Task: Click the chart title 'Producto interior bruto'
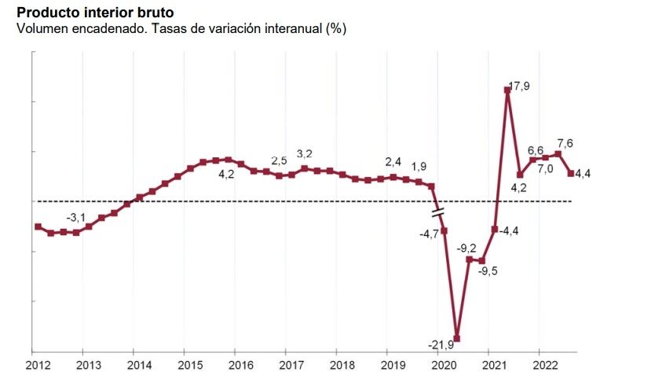pos(95,13)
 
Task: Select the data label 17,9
pos(520,87)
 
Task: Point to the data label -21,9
pos(442,345)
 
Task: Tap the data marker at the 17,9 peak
pos(507,90)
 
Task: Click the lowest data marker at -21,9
pos(457,338)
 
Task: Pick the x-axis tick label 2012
pos(38,365)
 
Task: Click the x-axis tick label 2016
pos(240,365)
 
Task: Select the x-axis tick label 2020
pos(444,365)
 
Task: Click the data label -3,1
pos(75,217)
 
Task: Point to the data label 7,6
pos(565,143)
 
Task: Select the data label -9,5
pos(488,271)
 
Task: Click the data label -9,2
pos(467,248)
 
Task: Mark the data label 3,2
pos(305,154)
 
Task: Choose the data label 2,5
pos(280,161)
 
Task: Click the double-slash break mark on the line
pos(438,211)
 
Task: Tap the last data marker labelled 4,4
pos(571,173)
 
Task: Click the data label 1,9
pos(419,166)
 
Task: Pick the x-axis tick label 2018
pos(342,365)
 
